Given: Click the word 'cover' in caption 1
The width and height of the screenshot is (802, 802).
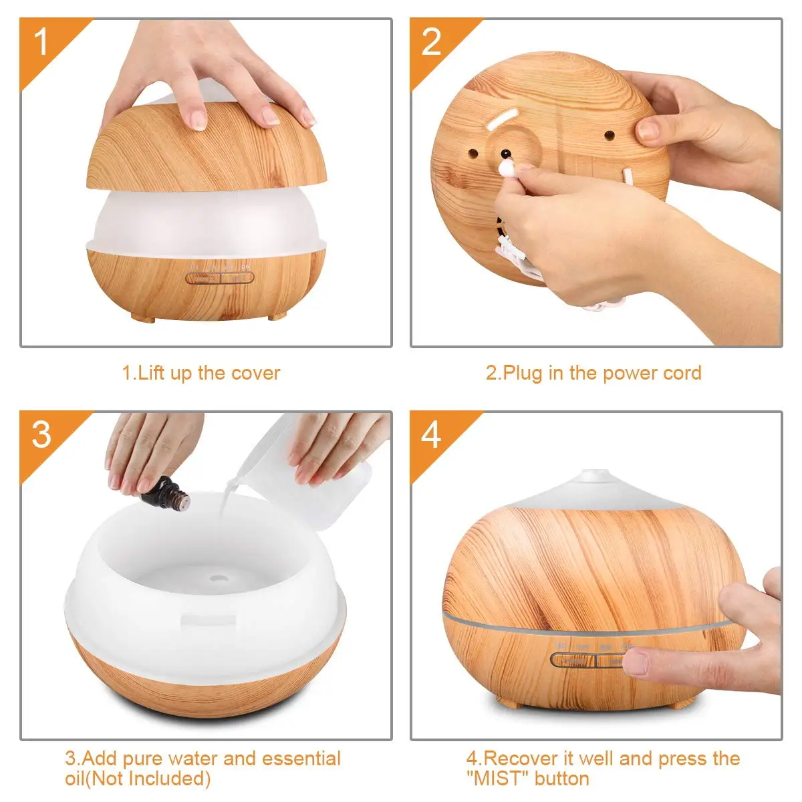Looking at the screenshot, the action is [x=255, y=373].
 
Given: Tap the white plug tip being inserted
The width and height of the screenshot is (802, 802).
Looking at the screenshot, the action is [x=507, y=168].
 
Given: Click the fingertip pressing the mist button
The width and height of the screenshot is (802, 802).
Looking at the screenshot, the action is [x=636, y=662].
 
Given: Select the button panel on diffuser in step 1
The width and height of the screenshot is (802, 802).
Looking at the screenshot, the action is [x=220, y=277].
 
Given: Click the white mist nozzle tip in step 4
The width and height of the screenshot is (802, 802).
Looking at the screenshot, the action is [x=595, y=475].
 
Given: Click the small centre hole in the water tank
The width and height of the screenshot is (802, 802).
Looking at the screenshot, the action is [x=219, y=578].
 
